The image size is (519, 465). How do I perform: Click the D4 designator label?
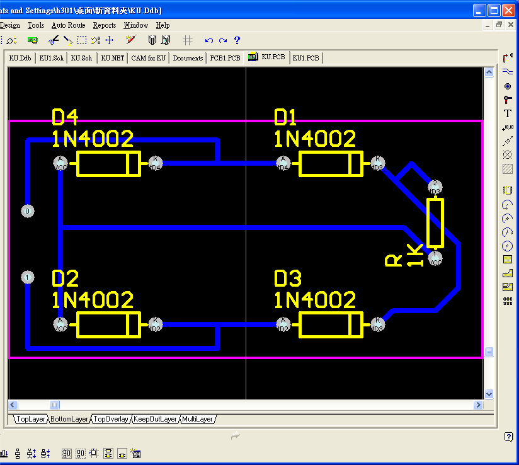[65, 117]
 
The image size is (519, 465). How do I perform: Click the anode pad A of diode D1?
[283, 163]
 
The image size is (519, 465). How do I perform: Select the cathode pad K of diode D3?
[377, 324]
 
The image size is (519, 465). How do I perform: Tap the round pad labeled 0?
[27, 211]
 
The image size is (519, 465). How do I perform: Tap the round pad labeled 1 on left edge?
[27, 277]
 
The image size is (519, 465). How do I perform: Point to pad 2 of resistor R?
[435, 187]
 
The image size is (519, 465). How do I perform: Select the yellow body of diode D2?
[108, 324]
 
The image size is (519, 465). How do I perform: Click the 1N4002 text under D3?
[315, 299]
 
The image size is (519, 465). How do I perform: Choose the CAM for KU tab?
[149, 58]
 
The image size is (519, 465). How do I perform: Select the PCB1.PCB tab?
[225, 58]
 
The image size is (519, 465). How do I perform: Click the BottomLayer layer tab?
[69, 419]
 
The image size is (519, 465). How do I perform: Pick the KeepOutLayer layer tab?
[156, 419]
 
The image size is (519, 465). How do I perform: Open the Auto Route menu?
[68, 25]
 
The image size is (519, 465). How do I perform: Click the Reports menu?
[105, 25]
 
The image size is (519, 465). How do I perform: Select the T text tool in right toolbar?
[508, 114]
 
